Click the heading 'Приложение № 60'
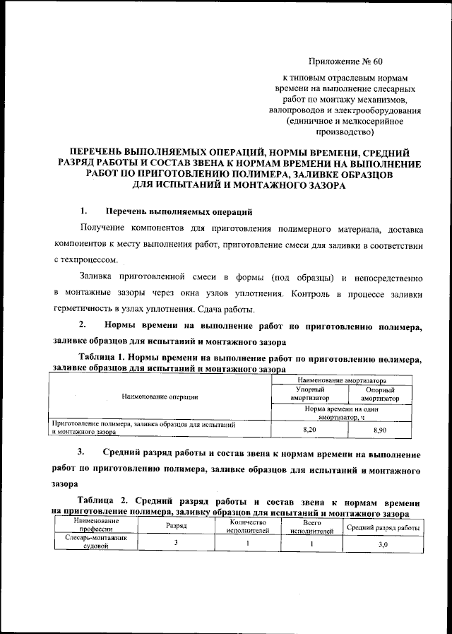click(345, 61)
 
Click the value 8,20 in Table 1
click(309, 429)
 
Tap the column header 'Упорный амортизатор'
click(309, 394)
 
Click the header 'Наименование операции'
click(160, 398)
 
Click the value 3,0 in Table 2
click(383, 545)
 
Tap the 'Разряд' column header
click(176, 527)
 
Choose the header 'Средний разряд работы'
click(383, 528)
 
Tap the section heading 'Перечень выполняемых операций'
click(179, 211)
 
